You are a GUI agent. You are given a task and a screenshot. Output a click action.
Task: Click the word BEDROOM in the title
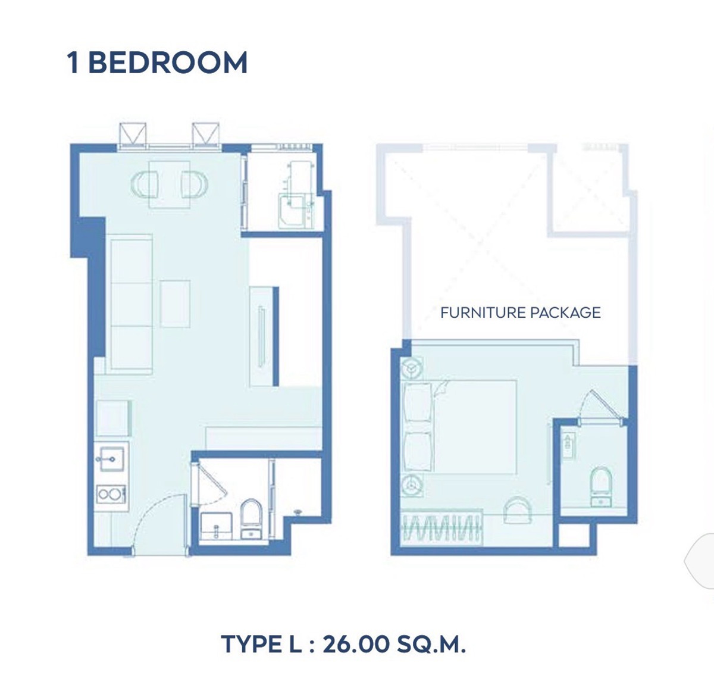pyautogui.click(x=168, y=62)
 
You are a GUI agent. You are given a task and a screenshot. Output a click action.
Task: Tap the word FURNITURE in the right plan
pyautogui.click(x=483, y=312)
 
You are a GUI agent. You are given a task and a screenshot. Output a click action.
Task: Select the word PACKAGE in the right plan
pyautogui.click(x=566, y=312)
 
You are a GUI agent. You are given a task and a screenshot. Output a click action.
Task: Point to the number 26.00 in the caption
pyautogui.click(x=356, y=644)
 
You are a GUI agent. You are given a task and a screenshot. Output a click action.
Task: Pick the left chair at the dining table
pyautogui.click(x=145, y=185)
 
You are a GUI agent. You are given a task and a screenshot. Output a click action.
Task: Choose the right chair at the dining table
pyautogui.click(x=195, y=185)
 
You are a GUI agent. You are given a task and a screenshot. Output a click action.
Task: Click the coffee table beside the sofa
pyautogui.click(x=175, y=304)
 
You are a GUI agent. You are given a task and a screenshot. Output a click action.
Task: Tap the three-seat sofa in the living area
pyautogui.click(x=131, y=304)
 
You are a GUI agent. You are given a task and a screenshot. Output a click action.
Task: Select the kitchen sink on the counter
pyautogui.click(x=112, y=459)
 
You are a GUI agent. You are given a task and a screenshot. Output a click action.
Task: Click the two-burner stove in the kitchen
pyautogui.click(x=111, y=495)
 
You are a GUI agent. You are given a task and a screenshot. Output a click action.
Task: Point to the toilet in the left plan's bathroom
pyautogui.click(x=251, y=519)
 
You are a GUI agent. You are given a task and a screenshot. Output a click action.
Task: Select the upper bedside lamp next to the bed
pyautogui.click(x=412, y=367)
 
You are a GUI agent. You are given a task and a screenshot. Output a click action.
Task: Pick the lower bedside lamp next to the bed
pyautogui.click(x=412, y=486)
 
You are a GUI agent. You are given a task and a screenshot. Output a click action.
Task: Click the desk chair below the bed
pyautogui.click(x=518, y=510)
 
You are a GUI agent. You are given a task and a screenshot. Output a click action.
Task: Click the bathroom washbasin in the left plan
pyautogui.click(x=217, y=527)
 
